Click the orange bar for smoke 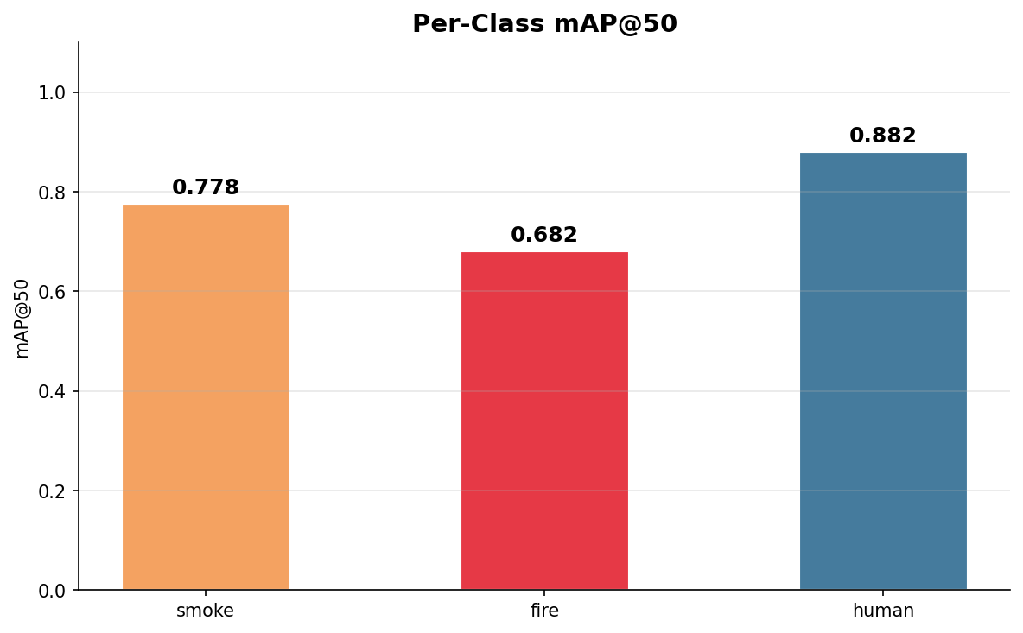[206, 397]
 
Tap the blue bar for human [883, 371]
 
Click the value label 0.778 [206, 187]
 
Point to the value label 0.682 [544, 235]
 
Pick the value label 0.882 [883, 136]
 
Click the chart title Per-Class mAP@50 [544, 24]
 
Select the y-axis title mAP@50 [22, 318]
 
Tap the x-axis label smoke [206, 611]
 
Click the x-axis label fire [544, 611]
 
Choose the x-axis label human [883, 611]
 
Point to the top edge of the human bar [883, 154]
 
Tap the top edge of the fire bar [544, 253]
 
